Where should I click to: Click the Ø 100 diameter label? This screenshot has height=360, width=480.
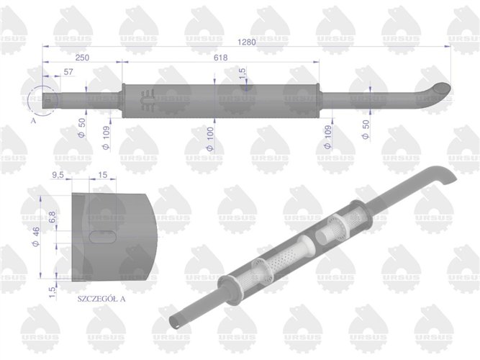pos(209,137)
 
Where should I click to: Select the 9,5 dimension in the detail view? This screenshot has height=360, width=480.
pos(60,174)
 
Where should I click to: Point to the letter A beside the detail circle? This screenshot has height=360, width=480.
pos(33,122)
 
